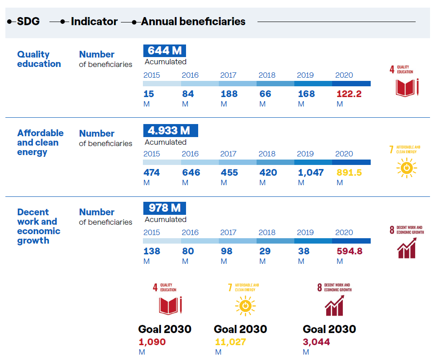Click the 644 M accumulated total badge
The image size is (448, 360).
164,51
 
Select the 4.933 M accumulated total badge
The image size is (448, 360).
170,130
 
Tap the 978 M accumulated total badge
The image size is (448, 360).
164,208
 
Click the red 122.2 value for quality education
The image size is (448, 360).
349,94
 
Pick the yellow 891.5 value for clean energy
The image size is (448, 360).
349,173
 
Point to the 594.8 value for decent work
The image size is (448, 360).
350,251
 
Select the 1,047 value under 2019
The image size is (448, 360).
310,173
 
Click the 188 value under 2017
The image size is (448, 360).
229,94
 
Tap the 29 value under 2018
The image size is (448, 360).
265,251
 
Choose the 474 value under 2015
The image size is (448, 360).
151,173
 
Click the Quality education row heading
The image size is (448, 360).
39,59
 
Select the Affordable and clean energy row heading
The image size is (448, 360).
40,142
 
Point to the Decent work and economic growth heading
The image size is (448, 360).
39,226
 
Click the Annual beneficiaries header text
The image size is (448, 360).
193,22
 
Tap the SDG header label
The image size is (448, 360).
28,22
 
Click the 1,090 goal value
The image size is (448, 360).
152,342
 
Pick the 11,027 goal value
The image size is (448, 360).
230,342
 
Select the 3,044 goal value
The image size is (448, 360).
316,342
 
